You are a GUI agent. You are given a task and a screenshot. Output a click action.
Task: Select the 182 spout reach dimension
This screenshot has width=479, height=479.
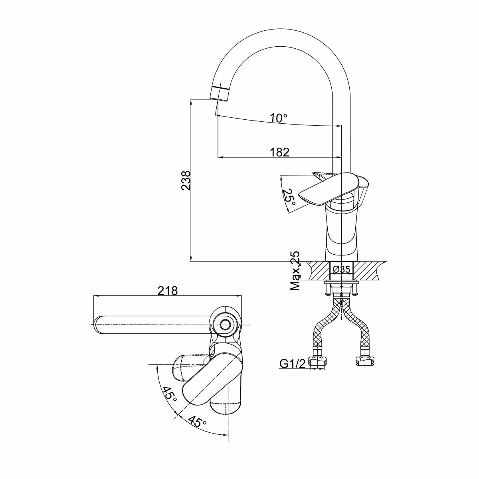coord(279,152)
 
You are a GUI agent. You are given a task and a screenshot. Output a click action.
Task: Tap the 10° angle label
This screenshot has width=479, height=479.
coord(278,118)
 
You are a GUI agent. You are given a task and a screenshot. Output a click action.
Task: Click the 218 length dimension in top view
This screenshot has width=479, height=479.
coord(167,291)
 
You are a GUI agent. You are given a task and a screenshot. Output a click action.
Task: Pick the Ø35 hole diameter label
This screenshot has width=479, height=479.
coord(341,269)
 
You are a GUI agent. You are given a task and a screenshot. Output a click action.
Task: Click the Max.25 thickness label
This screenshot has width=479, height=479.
coord(295,271)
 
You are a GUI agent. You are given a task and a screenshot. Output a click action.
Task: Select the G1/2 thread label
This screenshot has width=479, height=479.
coord(292,363)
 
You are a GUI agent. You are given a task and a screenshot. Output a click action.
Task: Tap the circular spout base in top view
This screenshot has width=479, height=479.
coord(225,324)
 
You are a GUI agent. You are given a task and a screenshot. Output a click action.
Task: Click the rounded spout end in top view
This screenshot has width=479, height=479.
coord(100,325)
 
